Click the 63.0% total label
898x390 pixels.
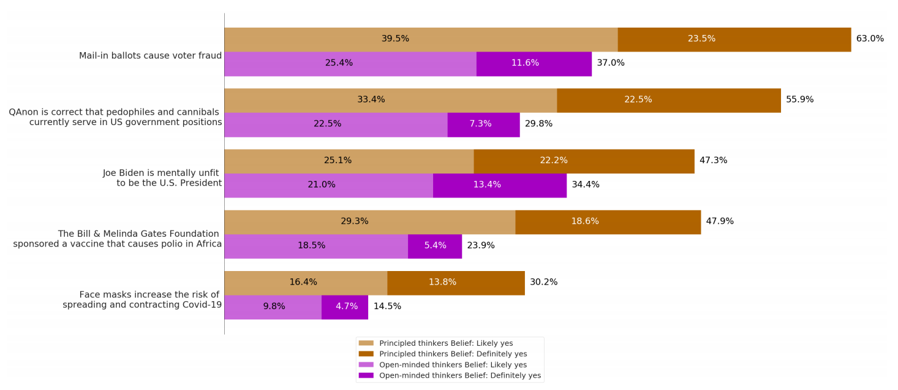(x=870, y=39)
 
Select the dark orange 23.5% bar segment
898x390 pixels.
(x=734, y=39)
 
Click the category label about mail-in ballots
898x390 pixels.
(x=150, y=56)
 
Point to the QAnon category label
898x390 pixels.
(x=115, y=117)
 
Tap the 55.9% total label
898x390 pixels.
(x=799, y=99)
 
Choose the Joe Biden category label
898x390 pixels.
(x=162, y=178)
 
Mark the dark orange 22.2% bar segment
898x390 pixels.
(x=584, y=161)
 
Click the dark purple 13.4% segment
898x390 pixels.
(x=499, y=185)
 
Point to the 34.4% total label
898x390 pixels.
(x=586, y=185)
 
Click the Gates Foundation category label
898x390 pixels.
(x=118, y=239)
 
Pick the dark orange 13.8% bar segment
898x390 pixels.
(x=456, y=283)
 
